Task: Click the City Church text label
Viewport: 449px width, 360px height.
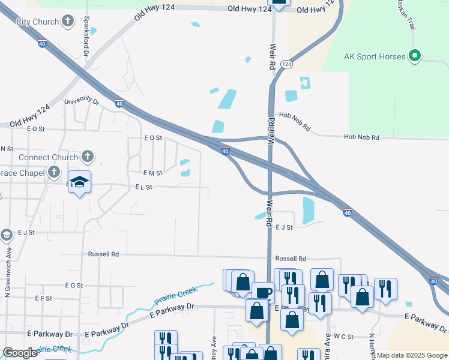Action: pyautogui.click(x=37, y=22)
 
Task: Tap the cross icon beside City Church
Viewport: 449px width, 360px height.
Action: pyautogui.click(x=69, y=22)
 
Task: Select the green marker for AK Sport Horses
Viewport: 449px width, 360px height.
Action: pyautogui.click(x=414, y=56)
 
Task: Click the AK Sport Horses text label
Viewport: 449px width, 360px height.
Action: pyautogui.click(x=373, y=57)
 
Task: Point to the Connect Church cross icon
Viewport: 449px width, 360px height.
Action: pyautogui.click(x=88, y=157)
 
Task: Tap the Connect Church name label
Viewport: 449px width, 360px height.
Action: pyautogui.click(x=48, y=158)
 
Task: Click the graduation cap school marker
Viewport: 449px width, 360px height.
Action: pyautogui.click(x=79, y=182)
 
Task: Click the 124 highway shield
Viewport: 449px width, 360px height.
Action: pyautogui.click(x=286, y=64)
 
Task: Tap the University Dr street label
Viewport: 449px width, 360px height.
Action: pyautogui.click(x=81, y=101)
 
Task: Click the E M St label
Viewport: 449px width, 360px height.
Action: pyautogui.click(x=154, y=173)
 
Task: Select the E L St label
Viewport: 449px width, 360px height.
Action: pyautogui.click(x=143, y=187)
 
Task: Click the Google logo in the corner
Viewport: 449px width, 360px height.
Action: pyautogui.click(x=20, y=353)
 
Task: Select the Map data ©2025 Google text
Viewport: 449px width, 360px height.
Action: pyautogui.click(x=412, y=355)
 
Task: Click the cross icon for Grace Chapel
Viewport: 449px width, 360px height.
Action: pyautogui.click(x=54, y=172)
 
